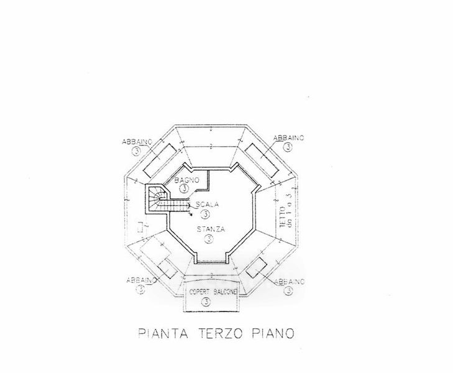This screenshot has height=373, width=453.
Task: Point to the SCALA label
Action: click(x=206, y=205)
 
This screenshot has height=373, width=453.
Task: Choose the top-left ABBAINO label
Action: click(x=135, y=142)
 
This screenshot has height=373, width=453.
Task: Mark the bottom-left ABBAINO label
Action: click(x=135, y=279)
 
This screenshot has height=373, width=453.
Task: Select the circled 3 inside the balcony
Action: click(x=206, y=302)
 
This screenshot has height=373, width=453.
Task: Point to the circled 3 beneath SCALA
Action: click(x=205, y=213)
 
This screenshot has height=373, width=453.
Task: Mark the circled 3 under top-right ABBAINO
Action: click(x=288, y=148)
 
